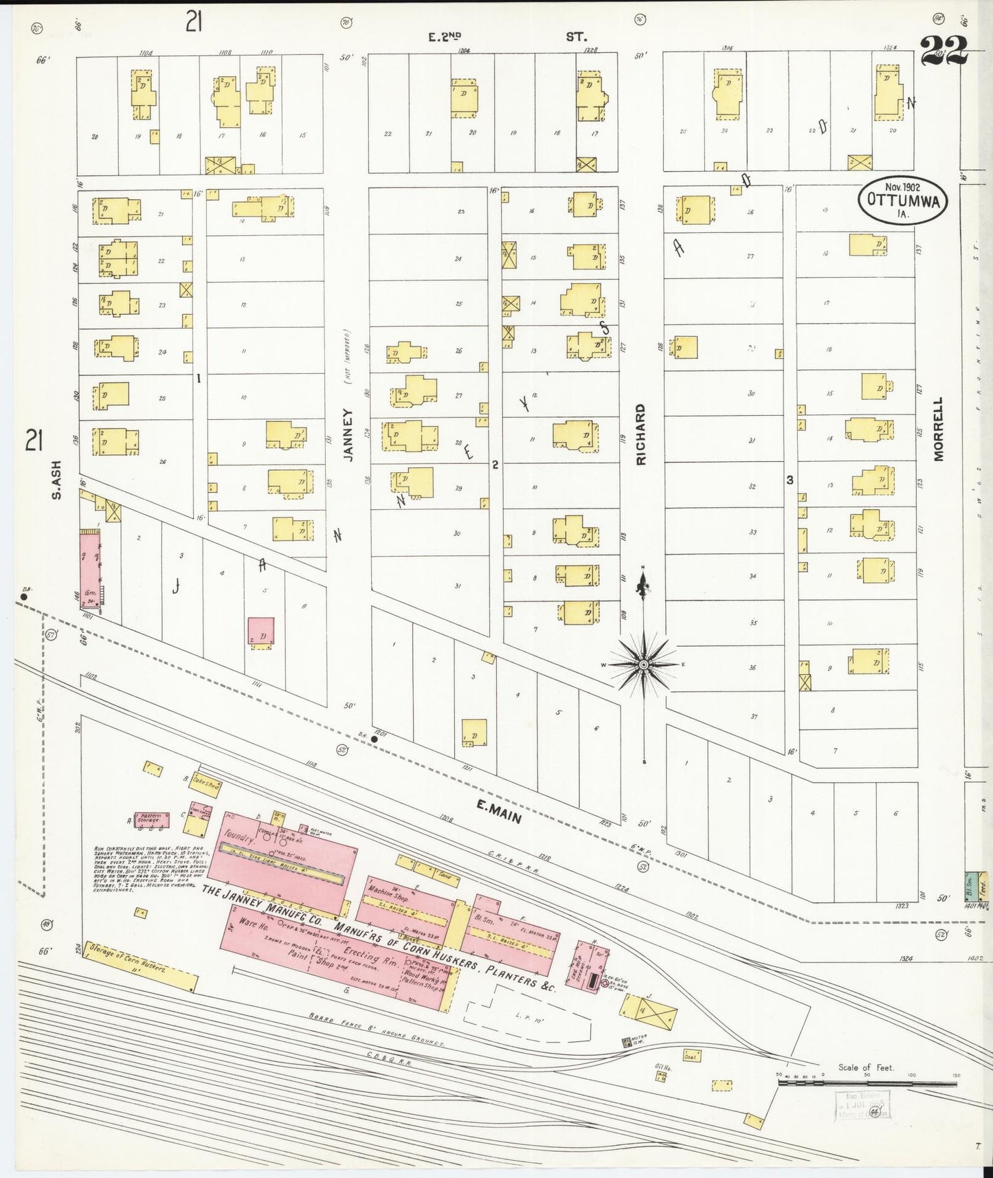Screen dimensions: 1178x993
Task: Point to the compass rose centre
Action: coord(644,665)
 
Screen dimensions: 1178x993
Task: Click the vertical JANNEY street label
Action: coord(347,434)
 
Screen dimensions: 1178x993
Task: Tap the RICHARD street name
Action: coord(640,434)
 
